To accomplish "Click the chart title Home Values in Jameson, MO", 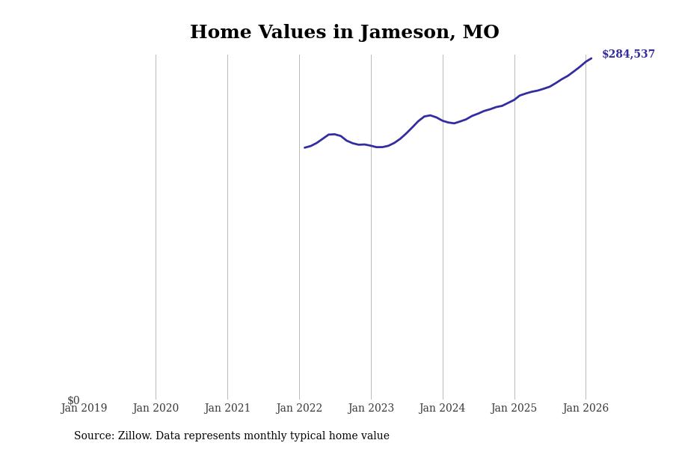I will tap(344, 33).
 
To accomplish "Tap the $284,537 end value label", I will tap(628, 55).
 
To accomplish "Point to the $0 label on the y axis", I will tap(73, 400).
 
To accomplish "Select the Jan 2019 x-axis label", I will tap(84, 409).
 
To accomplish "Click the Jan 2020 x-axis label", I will tap(156, 409).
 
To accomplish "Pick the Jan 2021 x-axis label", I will tap(227, 409).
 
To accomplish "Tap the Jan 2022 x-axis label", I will tap(299, 409).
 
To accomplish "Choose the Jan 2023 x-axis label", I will tap(371, 409).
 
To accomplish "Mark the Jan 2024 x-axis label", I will tap(442, 409).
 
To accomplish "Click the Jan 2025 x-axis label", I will tap(514, 409).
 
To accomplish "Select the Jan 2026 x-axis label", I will tap(586, 409).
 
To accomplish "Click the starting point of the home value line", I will tap(305, 147).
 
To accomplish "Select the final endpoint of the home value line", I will tap(591, 58).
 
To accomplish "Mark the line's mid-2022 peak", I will tap(332, 134).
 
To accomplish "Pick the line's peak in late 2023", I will tap(430, 115).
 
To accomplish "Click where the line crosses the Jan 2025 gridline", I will tap(514, 99).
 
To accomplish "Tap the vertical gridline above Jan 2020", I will tap(156, 224).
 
